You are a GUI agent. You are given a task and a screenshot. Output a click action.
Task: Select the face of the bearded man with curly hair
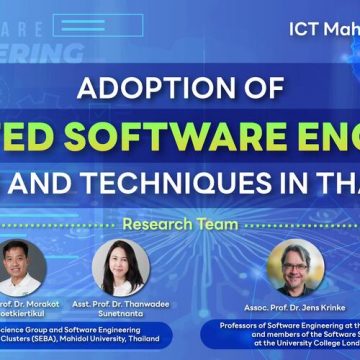click(296, 263)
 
